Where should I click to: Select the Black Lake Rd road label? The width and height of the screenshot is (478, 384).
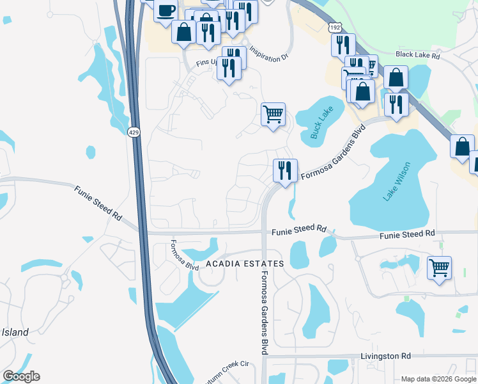click(418, 56)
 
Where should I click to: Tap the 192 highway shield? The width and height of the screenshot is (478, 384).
click(335, 28)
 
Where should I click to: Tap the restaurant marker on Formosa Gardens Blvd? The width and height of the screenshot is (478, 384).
click(285, 170)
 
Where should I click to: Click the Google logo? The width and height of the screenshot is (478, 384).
click(21, 376)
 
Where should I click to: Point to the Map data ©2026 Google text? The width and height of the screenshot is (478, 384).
click(438, 379)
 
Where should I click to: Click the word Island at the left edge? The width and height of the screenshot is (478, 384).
click(15, 332)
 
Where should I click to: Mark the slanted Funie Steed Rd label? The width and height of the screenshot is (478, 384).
click(98, 204)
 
